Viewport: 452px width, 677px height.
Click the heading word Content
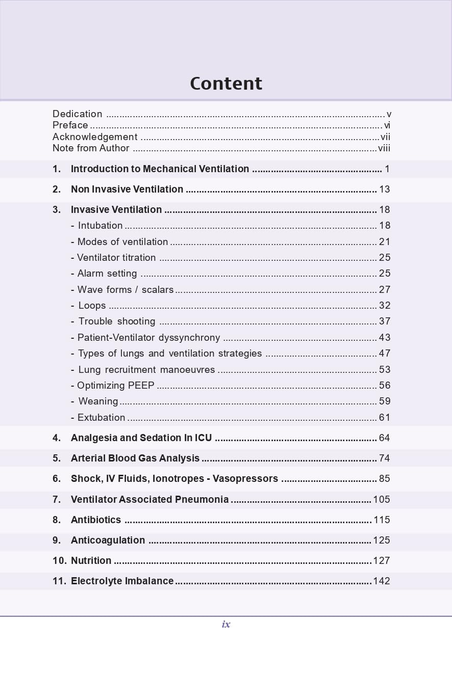tap(226, 84)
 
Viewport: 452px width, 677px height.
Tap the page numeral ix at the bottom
tap(226, 624)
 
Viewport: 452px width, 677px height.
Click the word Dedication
tap(78, 114)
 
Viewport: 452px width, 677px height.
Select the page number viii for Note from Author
tap(384, 148)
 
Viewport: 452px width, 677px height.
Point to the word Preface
tap(70, 125)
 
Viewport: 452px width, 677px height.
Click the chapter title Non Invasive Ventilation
tap(127, 189)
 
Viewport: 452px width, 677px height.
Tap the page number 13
tap(385, 189)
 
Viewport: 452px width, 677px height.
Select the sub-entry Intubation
tap(100, 226)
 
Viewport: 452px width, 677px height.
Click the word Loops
tap(92, 306)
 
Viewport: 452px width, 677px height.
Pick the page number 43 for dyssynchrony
tap(385, 338)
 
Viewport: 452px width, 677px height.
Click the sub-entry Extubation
tap(101, 418)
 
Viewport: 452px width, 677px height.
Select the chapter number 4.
tap(56, 438)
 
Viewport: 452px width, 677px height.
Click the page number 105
tap(382, 500)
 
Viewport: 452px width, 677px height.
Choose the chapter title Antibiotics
tap(96, 520)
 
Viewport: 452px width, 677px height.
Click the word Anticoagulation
tap(108, 540)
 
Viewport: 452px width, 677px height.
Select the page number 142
tap(382, 581)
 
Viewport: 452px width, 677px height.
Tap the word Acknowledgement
tap(95, 137)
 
